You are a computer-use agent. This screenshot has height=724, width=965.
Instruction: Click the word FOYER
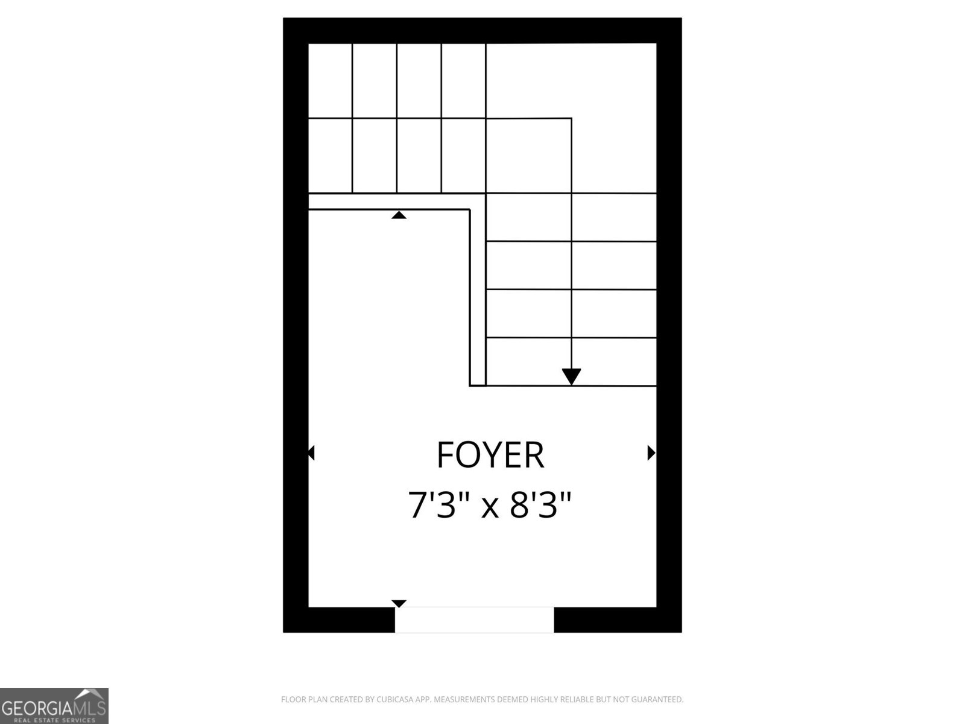point(490,454)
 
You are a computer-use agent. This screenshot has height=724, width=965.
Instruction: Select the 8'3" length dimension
point(540,504)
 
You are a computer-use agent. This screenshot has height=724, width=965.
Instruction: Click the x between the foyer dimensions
point(490,509)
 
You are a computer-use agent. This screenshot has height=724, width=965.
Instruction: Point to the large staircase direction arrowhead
point(571,376)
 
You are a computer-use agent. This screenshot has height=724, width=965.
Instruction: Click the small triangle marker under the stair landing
point(399,215)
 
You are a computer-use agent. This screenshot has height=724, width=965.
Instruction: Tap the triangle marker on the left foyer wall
point(311,453)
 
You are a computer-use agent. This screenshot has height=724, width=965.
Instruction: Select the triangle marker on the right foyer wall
point(651,453)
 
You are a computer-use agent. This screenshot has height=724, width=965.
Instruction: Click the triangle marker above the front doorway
point(399,603)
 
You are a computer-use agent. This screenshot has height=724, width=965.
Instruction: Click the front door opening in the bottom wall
point(474,620)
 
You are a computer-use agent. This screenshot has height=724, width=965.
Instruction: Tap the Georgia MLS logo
point(54,706)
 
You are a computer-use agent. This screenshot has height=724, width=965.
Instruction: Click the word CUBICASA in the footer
point(394,699)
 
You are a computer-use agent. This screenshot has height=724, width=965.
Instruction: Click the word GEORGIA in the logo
point(31,708)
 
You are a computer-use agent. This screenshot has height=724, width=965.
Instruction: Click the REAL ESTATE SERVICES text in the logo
point(54,720)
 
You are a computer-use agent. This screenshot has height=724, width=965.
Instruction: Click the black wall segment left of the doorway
point(338,620)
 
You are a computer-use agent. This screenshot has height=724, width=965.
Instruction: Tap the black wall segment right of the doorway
point(618,620)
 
